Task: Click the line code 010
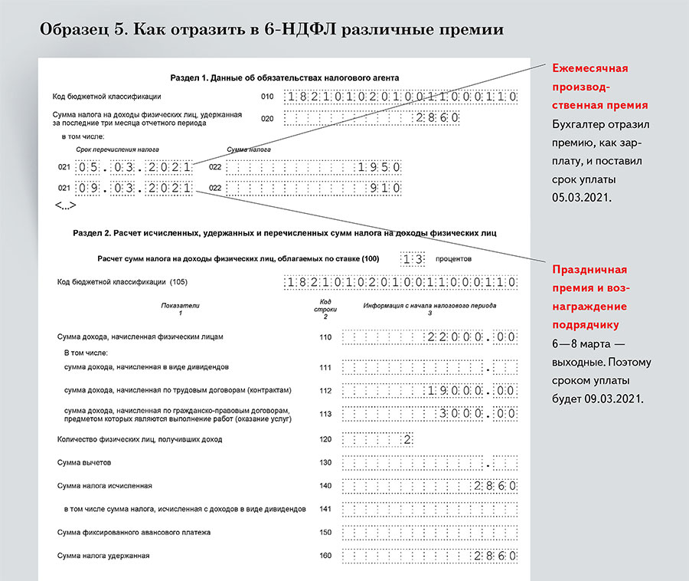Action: tap(267, 97)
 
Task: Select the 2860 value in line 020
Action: tap(437, 118)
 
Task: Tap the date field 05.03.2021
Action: tap(133, 167)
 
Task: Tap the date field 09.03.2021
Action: tap(133, 188)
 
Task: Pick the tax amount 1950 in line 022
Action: tap(379, 167)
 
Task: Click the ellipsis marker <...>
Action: tap(65, 206)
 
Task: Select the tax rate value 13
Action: tap(413, 259)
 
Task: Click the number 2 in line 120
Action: tap(408, 440)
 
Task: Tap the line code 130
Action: tap(325, 464)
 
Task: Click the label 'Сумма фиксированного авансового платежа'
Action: tap(134, 532)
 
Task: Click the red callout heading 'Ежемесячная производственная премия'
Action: tap(600, 87)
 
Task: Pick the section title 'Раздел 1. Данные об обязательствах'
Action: tap(284, 77)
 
